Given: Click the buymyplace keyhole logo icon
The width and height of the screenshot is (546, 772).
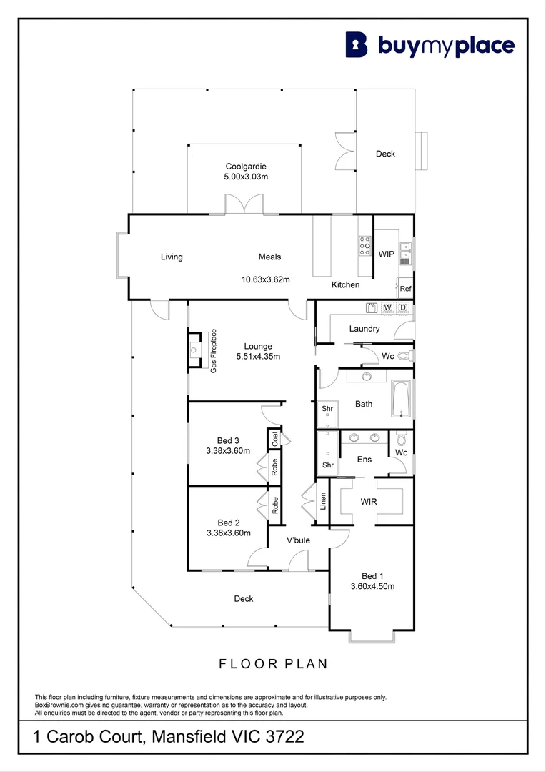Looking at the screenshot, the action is (x=357, y=45).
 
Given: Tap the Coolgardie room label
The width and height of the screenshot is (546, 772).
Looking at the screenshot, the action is (x=246, y=167).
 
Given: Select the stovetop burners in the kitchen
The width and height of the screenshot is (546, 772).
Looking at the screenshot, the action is (x=364, y=245).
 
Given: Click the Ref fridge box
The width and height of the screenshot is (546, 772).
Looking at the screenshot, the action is (x=405, y=289).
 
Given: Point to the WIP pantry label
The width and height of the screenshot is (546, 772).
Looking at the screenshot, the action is (x=386, y=254).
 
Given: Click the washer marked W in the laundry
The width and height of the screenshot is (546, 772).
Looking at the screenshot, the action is (x=387, y=307).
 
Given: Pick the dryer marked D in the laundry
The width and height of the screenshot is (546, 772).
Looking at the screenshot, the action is (x=402, y=307).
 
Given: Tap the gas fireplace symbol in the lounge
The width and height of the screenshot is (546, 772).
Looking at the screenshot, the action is (x=194, y=350).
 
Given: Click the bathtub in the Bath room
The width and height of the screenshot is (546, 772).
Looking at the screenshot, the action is (x=402, y=399).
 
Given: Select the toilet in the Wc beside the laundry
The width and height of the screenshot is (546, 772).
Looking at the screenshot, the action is (x=404, y=355).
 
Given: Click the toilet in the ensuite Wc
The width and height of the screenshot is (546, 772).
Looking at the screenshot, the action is (x=401, y=437).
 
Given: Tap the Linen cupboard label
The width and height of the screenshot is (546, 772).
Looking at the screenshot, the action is (x=323, y=500).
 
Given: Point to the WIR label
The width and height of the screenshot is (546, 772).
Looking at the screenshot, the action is (x=369, y=501).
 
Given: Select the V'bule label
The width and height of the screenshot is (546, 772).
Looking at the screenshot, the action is (x=298, y=540).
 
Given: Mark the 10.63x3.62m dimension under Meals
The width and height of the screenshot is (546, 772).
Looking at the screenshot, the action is (x=265, y=279).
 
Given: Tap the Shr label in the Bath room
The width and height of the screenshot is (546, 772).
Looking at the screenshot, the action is (x=327, y=409).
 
